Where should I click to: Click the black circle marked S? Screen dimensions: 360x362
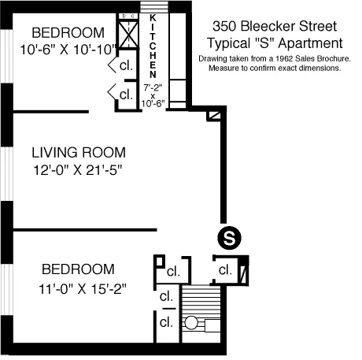tap(227, 236)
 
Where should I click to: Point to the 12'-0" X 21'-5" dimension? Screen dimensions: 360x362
tap(79, 168)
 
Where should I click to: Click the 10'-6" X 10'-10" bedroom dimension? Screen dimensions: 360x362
tap(68, 48)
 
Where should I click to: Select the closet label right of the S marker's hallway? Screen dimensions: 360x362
tap(225, 269)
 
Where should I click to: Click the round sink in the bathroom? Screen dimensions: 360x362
tap(190, 323)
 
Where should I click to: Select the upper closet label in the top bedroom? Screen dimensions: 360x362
tap(126, 65)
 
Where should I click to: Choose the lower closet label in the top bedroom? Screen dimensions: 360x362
tap(126, 93)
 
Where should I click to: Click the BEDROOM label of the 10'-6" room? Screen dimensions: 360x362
tap(67, 33)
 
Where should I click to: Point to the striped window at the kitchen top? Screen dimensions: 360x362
tap(153, 7)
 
